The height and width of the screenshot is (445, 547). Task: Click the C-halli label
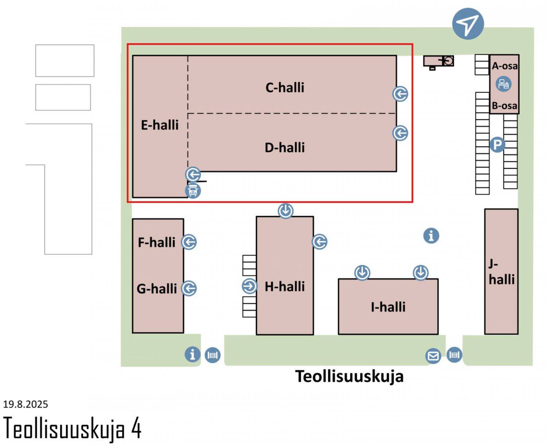pyautogui.click(x=285, y=88)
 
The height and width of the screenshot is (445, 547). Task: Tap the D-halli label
pyautogui.click(x=285, y=147)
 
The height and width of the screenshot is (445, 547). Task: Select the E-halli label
pyautogui.click(x=160, y=125)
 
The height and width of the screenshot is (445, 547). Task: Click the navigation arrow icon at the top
pyautogui.click(x=468, y=24)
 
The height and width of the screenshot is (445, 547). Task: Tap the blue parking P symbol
pyautogui.click(x=497, y=145)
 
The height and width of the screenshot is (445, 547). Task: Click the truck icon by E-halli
pyautogui.click(x=193, y=191)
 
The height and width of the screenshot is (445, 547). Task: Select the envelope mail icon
pyautogui.click(x=433, y=356)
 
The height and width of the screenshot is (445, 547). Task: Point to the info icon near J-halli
pyautogui.click(x=431, y=235)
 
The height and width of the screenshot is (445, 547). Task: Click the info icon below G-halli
pyautogui.click(x=193, y=354)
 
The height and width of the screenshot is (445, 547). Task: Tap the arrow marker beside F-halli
pyautogui.click(x=189, y=242)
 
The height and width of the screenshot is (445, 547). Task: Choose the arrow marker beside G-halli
pyautogui.click(x=189, y=288)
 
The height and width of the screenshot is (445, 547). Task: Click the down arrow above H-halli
pyautogui.click(x=286, y=211)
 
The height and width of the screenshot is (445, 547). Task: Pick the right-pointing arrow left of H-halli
pyautogui.click(x=249, y=286)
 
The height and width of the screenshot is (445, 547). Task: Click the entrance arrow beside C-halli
pyautogui.click(x=400, y=94)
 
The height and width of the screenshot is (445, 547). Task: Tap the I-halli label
pyautogui.click(x=388, y=307)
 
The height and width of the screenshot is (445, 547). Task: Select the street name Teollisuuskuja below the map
pyautogui.click(x=349, y=376)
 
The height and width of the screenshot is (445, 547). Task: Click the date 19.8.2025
pyautogui.click(x=26, y=404)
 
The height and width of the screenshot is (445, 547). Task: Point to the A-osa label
pyautogui.click(x=504, y=66)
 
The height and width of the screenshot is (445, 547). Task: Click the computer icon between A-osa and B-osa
pyautogui.click(x=504, y=84)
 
